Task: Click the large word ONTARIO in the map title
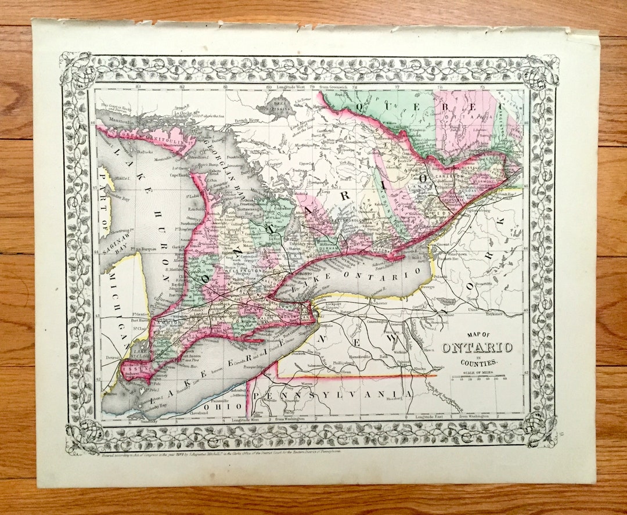(x=477, y=348)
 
